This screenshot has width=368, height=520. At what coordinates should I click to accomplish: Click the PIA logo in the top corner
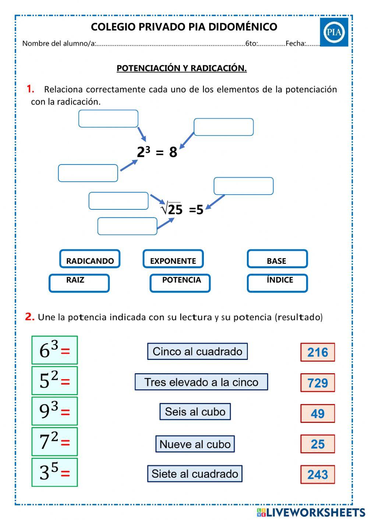[x=334, y=32]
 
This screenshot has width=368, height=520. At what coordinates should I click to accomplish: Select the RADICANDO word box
[x=90, y=259]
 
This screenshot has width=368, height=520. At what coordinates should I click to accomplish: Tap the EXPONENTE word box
[x=173, y=259]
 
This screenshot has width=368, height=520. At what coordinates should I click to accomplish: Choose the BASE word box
[x=277, y=259]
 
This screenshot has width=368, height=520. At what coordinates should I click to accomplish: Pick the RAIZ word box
[x=79, y=283]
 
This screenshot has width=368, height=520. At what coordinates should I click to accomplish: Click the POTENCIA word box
[x=180, y=283]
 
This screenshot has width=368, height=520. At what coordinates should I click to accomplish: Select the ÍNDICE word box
[x=277, y=283]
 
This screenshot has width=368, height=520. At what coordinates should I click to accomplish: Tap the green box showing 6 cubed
[x=54, y=350]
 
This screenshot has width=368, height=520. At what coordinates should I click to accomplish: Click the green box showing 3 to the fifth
[x=54, y=472]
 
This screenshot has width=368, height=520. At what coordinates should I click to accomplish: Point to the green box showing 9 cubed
[x=54, y=411]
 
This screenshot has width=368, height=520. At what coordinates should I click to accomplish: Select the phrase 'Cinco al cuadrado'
[x=197, y=351]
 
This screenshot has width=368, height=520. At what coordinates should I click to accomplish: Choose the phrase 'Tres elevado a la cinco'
[x=201, y=382]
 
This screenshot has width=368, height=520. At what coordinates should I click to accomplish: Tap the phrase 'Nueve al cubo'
[x=195, y=444]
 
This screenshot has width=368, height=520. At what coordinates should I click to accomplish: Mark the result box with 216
[x=318, y=352]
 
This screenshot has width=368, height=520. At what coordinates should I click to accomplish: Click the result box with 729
[x=318, y=383]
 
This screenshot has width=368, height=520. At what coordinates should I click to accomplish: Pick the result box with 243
[x=318, y=474]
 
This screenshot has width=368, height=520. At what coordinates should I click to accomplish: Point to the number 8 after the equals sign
[x=173, y=152]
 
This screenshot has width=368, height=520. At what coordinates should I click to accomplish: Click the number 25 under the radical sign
[x=175, y=210]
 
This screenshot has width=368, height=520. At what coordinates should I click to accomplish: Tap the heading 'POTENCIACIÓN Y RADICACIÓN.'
[x=181, y=68]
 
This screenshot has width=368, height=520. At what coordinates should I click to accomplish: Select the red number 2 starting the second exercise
[x=29, y=317]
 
